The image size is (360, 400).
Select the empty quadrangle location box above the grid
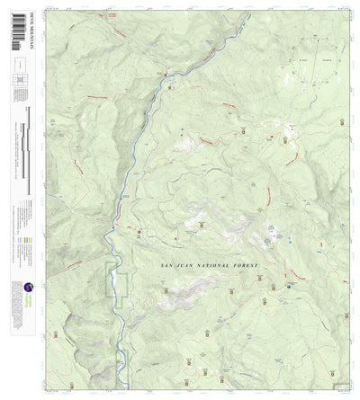(19, 66)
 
